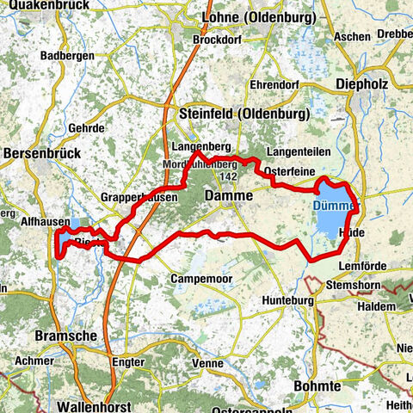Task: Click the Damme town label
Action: pos(229,197)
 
